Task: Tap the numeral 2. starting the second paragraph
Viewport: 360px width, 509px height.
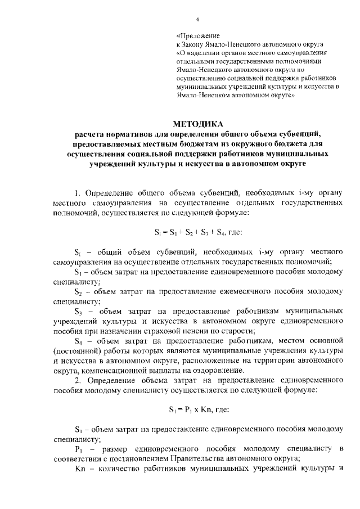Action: (78, 380)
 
